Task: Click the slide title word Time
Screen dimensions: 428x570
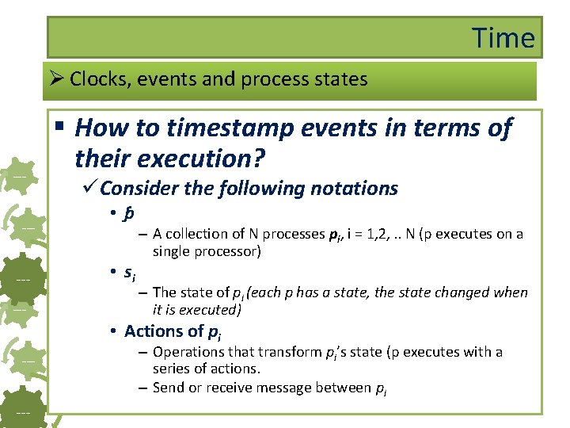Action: pos(503,37)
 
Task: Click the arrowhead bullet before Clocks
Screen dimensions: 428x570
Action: pos(56,79)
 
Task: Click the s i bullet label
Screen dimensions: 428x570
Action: pos(129,273)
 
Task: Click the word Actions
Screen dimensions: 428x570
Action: pos(153,331)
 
